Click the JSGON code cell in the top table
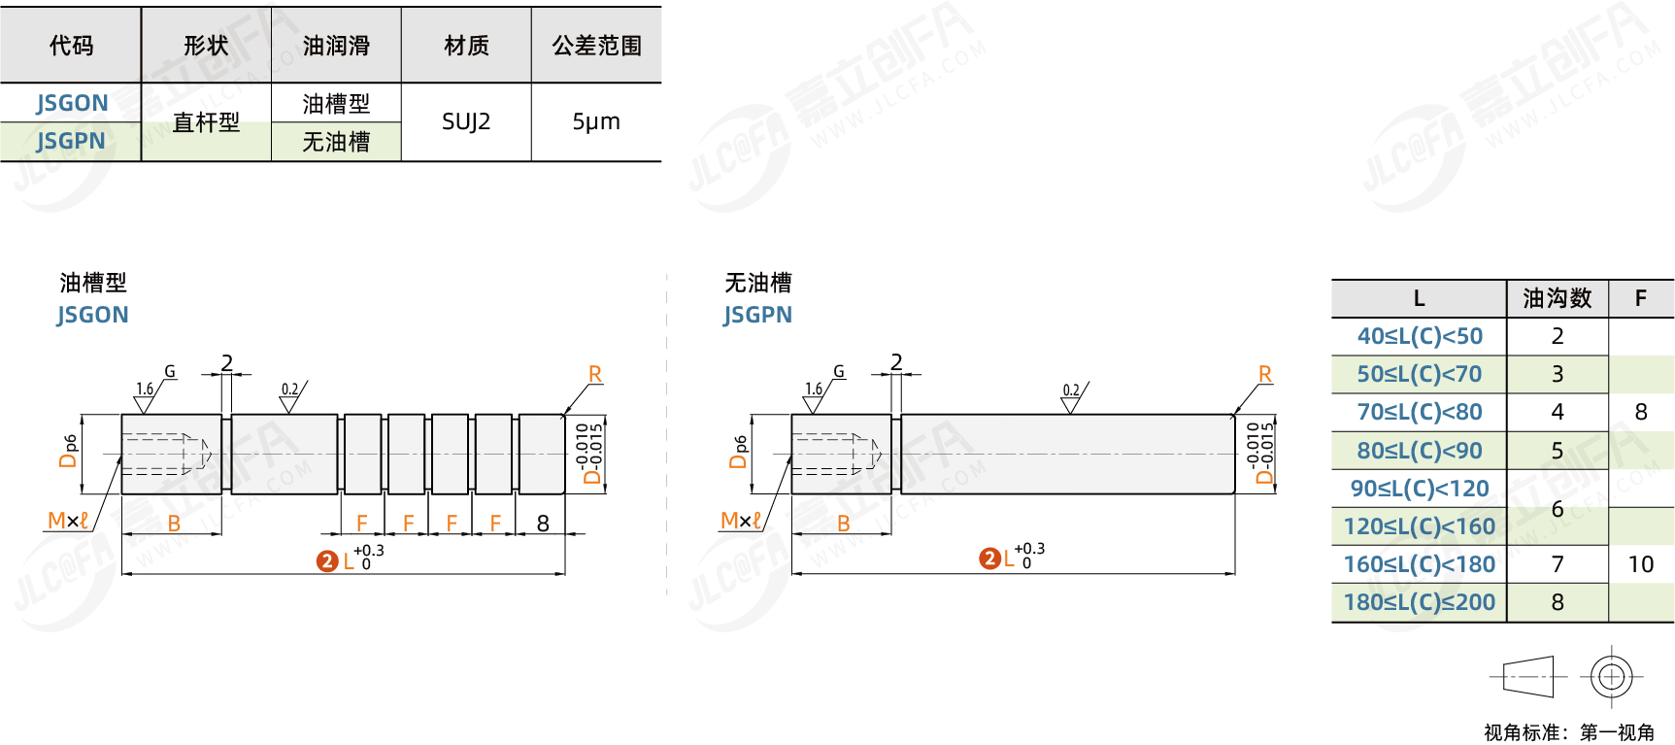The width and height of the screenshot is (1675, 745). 72,103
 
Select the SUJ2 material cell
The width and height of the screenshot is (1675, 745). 466,121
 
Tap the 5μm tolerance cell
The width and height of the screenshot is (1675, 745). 596,121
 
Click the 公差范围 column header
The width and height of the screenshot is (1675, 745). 597,46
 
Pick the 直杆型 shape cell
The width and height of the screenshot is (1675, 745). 206,122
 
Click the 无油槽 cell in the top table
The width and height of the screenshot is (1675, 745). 336,142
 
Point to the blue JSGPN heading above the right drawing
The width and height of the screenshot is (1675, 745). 757,315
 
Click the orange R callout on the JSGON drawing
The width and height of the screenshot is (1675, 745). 595,374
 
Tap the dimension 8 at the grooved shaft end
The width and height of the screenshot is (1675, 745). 543,523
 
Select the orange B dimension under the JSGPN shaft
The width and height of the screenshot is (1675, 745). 844,524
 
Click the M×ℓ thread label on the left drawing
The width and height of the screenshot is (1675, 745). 68,521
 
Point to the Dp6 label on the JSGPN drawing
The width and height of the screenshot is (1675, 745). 739,452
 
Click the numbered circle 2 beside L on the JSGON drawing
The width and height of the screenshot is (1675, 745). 327,561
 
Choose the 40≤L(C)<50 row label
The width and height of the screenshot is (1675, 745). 1420,336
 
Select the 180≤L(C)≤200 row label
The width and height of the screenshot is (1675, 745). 1420,602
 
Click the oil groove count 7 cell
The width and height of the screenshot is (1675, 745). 1558,564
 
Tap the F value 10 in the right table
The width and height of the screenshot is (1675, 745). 1641,564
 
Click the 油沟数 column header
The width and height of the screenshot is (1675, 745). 1558,298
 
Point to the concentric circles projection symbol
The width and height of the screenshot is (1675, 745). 1612,677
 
